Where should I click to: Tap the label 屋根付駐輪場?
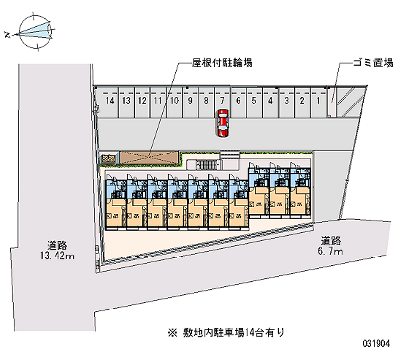223,63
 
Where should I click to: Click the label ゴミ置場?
373,63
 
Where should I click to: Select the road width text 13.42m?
57,256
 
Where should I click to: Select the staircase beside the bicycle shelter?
206,164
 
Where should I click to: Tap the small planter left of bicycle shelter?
108,159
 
